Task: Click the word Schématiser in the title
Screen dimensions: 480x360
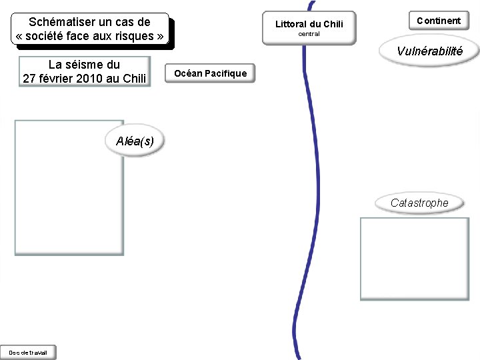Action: [61, 22]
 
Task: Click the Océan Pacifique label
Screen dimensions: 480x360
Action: [210, 73]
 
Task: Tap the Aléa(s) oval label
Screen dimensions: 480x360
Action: [135, 141]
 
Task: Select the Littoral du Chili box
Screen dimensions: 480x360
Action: [309, 28]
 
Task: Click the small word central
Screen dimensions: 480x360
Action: [309, 34]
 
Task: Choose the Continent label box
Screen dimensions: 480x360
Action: [439, 21]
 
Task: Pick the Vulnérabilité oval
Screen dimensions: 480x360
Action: [429, 51]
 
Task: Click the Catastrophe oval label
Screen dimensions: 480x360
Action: [419, 203]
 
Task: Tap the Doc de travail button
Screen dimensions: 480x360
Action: [28, 352]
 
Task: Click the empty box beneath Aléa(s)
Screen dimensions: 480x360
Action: [69, 188]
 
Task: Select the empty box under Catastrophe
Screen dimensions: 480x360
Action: [414, 259]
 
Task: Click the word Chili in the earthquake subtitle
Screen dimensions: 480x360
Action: [135, 79]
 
